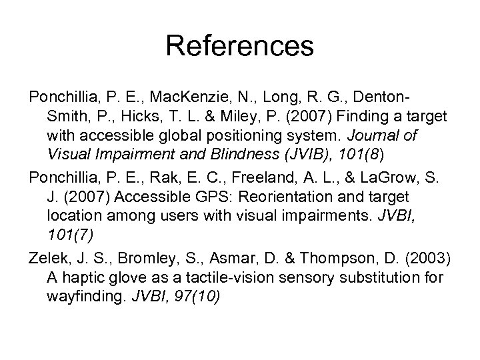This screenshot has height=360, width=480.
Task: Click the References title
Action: tap(240, 46)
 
